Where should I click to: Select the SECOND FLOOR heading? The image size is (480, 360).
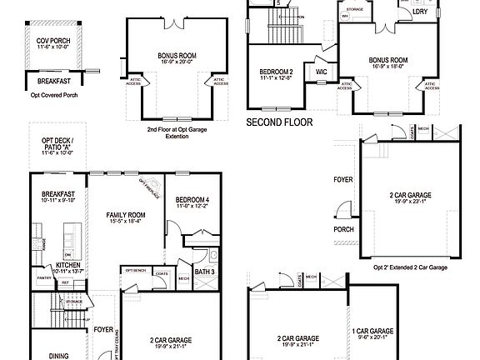279,122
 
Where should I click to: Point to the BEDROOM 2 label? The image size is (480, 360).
276,72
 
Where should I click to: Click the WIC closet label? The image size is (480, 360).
321,72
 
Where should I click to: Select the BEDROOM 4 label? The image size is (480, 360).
192,201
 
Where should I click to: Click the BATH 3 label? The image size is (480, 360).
206,272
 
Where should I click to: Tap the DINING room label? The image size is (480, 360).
58,356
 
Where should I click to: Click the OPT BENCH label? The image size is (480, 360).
135,270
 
